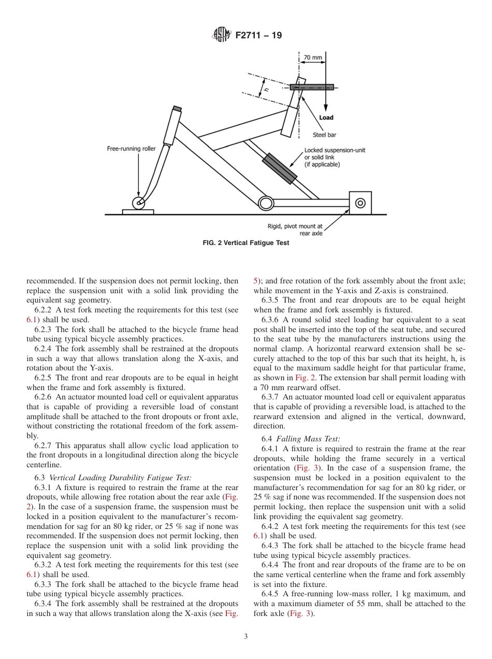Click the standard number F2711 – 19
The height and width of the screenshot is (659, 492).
(258, 36)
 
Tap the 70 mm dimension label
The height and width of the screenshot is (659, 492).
(312, 58)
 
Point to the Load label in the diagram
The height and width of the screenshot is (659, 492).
(326, 118)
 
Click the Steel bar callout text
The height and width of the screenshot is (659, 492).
(324, 135)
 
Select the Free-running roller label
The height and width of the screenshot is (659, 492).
(131, 149)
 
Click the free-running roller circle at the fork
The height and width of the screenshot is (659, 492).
(139, 203)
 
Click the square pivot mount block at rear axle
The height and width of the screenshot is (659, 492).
(360, 203)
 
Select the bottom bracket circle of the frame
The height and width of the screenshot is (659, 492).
(266, 203)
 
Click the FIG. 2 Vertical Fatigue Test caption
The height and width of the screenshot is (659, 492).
(246, 243)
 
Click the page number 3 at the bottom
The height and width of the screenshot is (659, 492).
(245, 637)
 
